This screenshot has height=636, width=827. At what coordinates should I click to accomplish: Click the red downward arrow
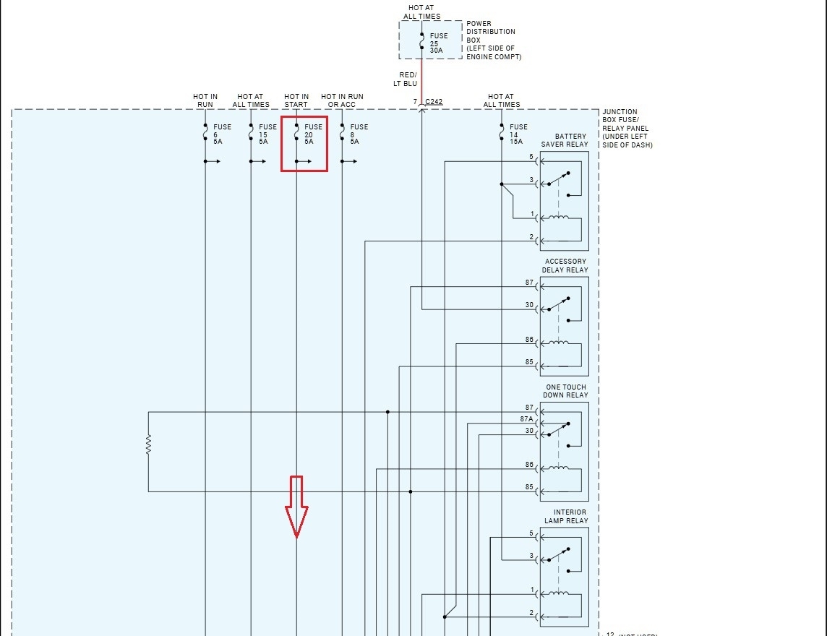point(296,507)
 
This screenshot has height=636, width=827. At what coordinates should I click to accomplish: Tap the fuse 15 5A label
point(267,134)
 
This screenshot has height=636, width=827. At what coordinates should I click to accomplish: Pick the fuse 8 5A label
point(359,134)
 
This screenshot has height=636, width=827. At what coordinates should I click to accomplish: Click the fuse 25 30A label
point(438,43)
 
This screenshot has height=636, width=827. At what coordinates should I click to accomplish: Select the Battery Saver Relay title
point(565,140)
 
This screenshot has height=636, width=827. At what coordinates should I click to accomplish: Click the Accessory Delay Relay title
point(565,266)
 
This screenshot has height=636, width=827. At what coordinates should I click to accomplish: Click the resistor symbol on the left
point(148,444)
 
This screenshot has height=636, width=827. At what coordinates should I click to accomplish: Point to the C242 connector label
point(434,102)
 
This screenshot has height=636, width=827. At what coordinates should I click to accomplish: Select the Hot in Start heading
point(296,100)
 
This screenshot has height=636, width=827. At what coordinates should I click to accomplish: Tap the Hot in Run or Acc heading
point(342,100)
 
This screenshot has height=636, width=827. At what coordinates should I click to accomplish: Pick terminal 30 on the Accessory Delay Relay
point(529,306)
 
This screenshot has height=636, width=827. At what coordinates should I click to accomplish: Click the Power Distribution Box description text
point(493,40)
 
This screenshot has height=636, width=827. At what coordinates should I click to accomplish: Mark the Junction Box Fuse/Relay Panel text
point(627,129)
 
